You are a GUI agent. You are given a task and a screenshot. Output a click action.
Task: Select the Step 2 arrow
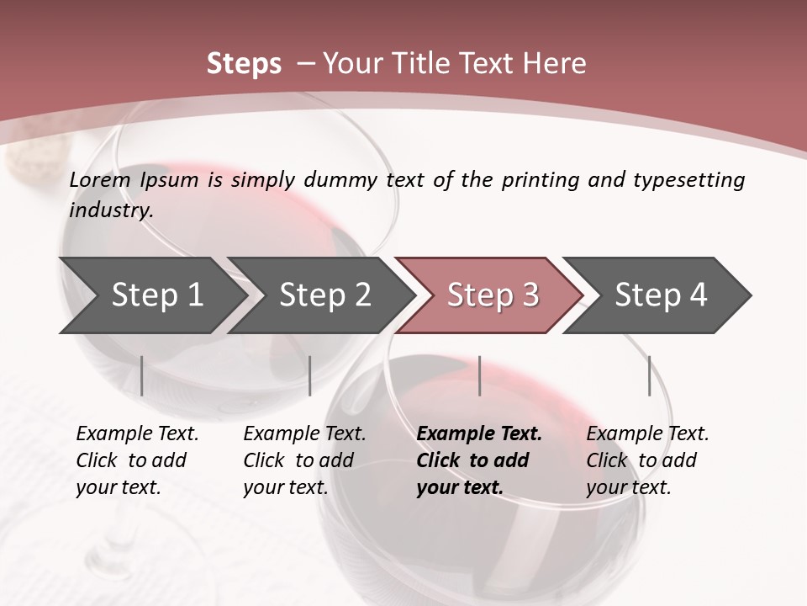point(324,295)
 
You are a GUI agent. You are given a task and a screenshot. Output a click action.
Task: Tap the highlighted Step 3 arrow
point(493,295)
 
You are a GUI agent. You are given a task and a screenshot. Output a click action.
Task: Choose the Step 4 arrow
point(661,295)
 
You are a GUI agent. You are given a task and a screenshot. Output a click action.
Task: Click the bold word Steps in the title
point(244,64)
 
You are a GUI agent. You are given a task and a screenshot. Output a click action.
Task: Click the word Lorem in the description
point(100,180)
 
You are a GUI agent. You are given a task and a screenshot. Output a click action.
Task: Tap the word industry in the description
point(111,210)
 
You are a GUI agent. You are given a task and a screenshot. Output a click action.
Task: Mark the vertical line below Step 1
point(142,375)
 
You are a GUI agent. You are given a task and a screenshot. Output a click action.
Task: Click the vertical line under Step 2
point(310,375)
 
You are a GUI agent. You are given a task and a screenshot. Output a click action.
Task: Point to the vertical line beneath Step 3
point(479,375)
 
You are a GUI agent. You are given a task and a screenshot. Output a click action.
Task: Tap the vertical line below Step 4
point(649,375)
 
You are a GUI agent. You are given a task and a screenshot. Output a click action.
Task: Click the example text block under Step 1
point(137,460)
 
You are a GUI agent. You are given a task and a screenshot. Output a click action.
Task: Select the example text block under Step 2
point(304,460)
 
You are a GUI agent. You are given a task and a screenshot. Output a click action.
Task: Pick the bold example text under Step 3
point(479,460)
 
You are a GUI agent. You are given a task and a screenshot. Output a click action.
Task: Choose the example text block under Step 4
point(647,460)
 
